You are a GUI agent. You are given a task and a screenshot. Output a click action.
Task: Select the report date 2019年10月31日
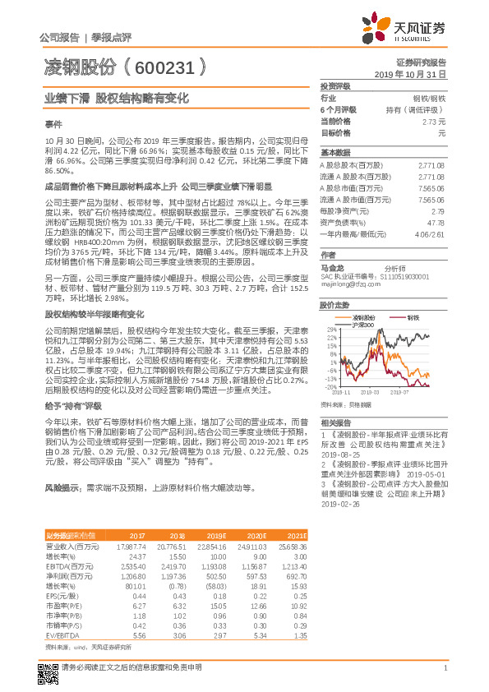416,74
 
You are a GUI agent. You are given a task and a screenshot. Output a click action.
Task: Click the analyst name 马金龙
333,268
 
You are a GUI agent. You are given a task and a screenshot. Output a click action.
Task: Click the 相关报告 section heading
334,419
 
